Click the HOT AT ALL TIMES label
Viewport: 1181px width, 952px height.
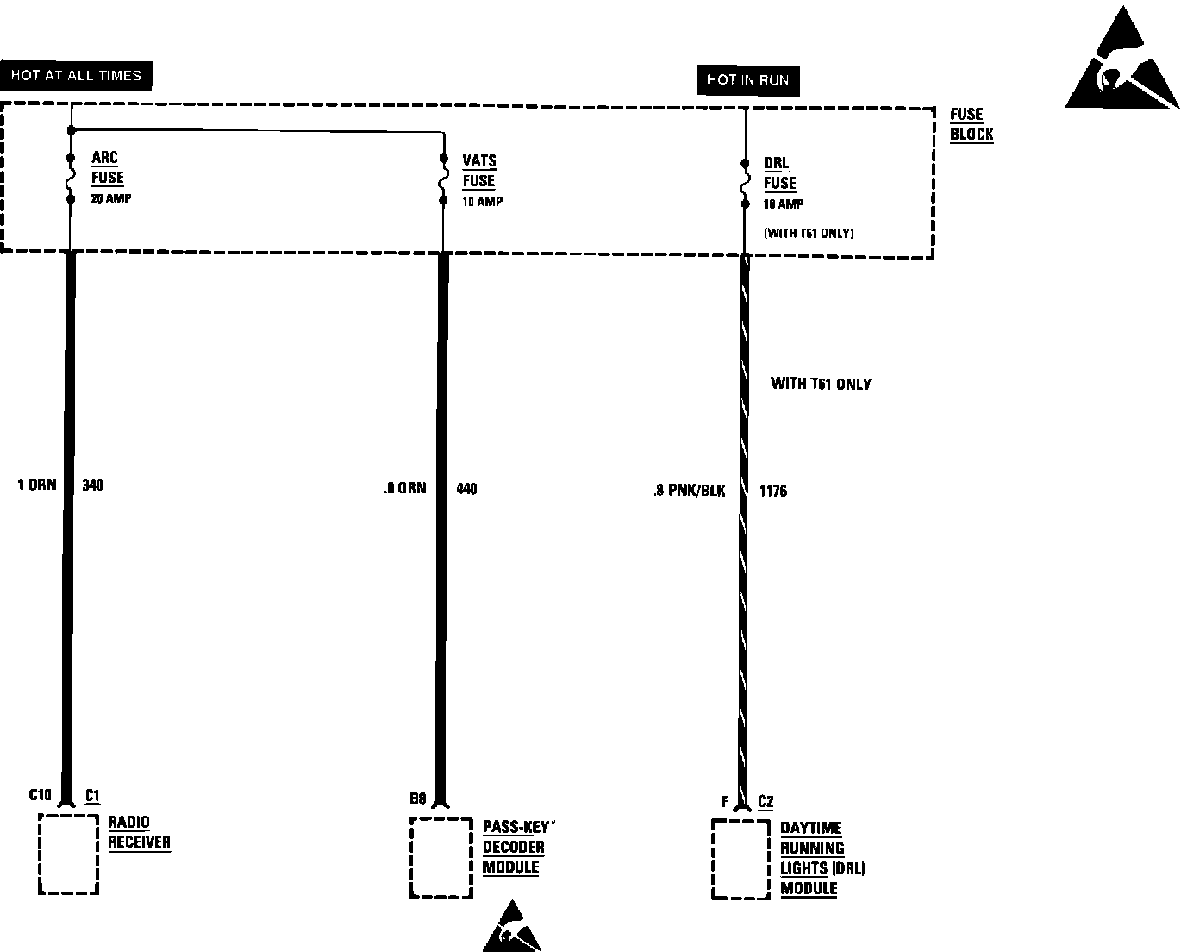click(76, 76)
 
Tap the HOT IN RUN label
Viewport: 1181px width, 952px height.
click(747, 80)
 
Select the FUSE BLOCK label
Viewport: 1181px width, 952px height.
click(972, 124)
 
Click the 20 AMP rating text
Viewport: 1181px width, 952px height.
click(111, 198)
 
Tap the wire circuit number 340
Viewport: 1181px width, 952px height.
click(92, 485)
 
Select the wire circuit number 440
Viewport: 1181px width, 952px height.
click(466, 489)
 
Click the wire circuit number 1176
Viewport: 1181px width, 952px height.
click(773, 492)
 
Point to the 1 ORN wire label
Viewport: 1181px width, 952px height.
click(37, 485)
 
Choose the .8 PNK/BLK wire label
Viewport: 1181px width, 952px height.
click(689, 491)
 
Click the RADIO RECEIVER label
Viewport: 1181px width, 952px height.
click(139, 832)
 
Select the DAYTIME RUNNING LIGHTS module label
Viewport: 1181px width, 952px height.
click(822, 858)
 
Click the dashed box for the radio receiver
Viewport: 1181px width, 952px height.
click(68, 854)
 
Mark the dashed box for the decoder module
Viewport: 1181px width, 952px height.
click(441, 857)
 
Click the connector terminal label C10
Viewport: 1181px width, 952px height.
click(41, 795)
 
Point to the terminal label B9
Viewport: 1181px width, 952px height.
click(418, 799)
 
